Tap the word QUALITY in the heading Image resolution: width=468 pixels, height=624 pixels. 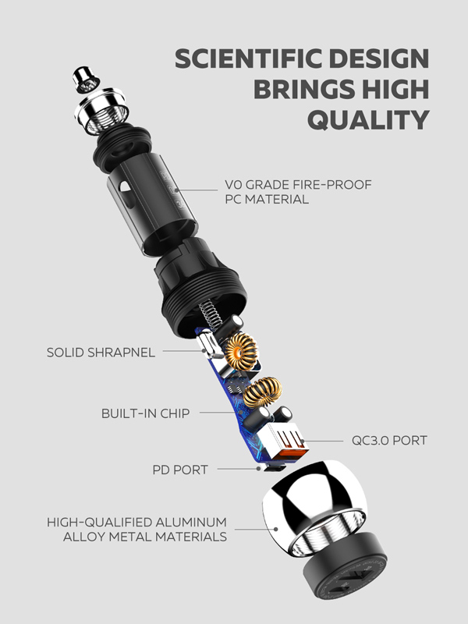click(x=368, y=119)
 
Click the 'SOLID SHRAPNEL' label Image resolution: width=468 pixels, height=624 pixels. click(x=101, y=353)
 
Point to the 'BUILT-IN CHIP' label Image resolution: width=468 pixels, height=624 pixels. click(x=145, y=413)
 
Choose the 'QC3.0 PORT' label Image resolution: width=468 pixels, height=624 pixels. click(x=389, y=440)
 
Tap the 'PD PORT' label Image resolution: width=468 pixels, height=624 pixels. click(x=180, y=470)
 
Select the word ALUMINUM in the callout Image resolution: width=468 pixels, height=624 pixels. click(x=191, y=522)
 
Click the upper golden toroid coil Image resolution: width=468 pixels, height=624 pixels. click(x=241, y=351)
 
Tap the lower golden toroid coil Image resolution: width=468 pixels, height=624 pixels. click(x=262, y=392)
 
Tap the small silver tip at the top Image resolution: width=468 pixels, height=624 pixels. click(x=86, y=80)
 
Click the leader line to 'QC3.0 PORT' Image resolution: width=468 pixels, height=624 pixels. click(x=323, y=441)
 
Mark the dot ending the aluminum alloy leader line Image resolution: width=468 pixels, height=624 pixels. click(x=276, y=529)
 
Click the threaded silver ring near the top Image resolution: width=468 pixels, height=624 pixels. click(x=101, y=111)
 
